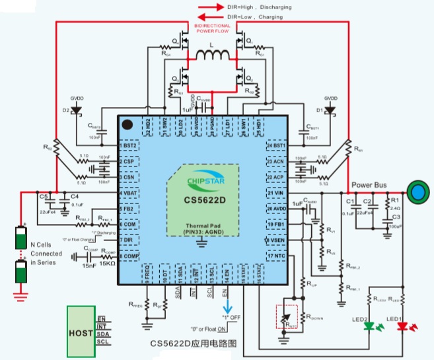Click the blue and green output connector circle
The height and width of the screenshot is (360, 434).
click(417, 192)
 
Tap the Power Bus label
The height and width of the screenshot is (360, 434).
click(370, 186)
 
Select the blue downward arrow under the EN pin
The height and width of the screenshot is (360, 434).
click(227, 308)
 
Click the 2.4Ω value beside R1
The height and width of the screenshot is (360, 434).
click(396, 207)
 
